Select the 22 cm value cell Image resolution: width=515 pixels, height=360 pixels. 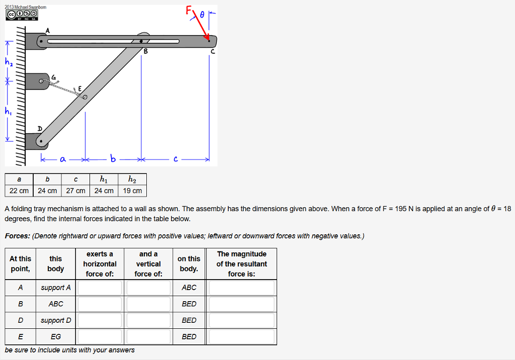click(19, 191)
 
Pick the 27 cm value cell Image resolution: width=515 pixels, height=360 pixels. click(75, 191)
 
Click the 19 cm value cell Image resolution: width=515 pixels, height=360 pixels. click(132, 191)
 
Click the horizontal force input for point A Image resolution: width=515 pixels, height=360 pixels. click(100, 288)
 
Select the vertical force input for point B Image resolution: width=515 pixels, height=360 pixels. click(148, 304)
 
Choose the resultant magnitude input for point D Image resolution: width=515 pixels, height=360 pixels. click(241, 320)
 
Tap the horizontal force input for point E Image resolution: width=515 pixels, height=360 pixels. click(100, 336)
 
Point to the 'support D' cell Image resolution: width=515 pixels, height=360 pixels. click(56, 320)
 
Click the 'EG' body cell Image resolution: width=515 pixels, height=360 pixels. click(56, 336)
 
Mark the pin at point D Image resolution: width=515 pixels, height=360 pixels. click(41, 141)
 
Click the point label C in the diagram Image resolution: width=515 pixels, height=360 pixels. click(212, 51)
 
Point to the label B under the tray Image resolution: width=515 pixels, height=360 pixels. click(146, 51)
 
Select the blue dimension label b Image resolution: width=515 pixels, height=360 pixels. click(113, 159)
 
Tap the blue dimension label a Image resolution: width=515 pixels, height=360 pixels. click(62, 159)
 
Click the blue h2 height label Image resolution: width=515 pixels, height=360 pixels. click(9, 62)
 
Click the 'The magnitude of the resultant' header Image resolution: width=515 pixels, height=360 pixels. click(241, 263)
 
